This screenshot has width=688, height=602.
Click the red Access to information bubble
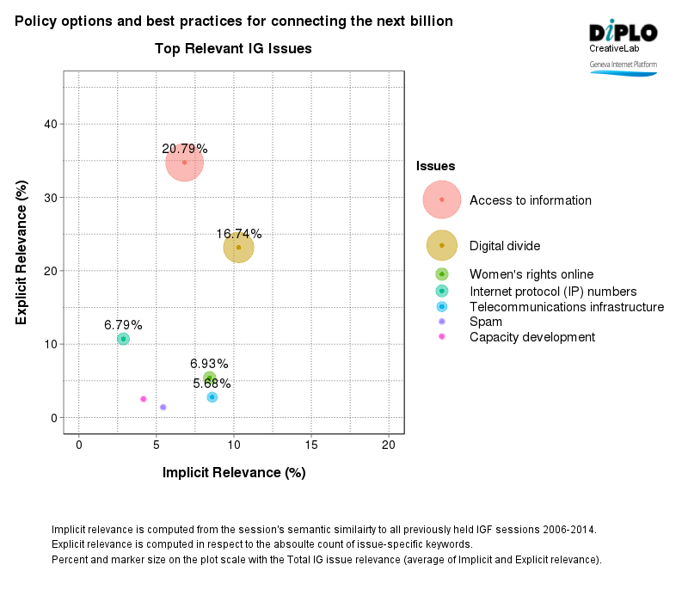click(x=184, y=162)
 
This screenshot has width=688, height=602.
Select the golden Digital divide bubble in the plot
click(x=238, y=248)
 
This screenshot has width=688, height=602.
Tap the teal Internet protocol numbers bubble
click(x=123, y=339)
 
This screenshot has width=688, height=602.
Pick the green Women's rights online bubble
click(x=209, y=378)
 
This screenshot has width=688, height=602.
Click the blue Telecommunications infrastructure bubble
click(x=212, y=397)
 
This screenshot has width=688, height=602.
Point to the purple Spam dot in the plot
click(x=163, y=407)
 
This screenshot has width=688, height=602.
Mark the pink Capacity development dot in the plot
click(x=144, y=399)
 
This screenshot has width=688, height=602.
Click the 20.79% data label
click(x=185, y=149)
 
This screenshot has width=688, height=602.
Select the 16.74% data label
click(x=238, y=234)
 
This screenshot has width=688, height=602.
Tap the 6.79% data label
click(x=123, y=325)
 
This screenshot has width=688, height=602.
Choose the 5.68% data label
click(x=212, y=383)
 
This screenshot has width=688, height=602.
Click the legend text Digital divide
click(x=505, y=246)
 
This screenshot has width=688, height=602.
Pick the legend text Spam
click(x=486, y=321)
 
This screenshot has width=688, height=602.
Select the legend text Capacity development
click(x=531, y=337)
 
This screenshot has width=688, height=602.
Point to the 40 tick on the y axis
click(x=51, y=124)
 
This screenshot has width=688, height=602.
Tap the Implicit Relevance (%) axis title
click(x=234, y=472)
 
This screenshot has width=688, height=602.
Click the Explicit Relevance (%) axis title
click(x=22, y=252)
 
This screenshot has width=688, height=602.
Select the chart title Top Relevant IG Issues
click(x=233, y=49)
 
